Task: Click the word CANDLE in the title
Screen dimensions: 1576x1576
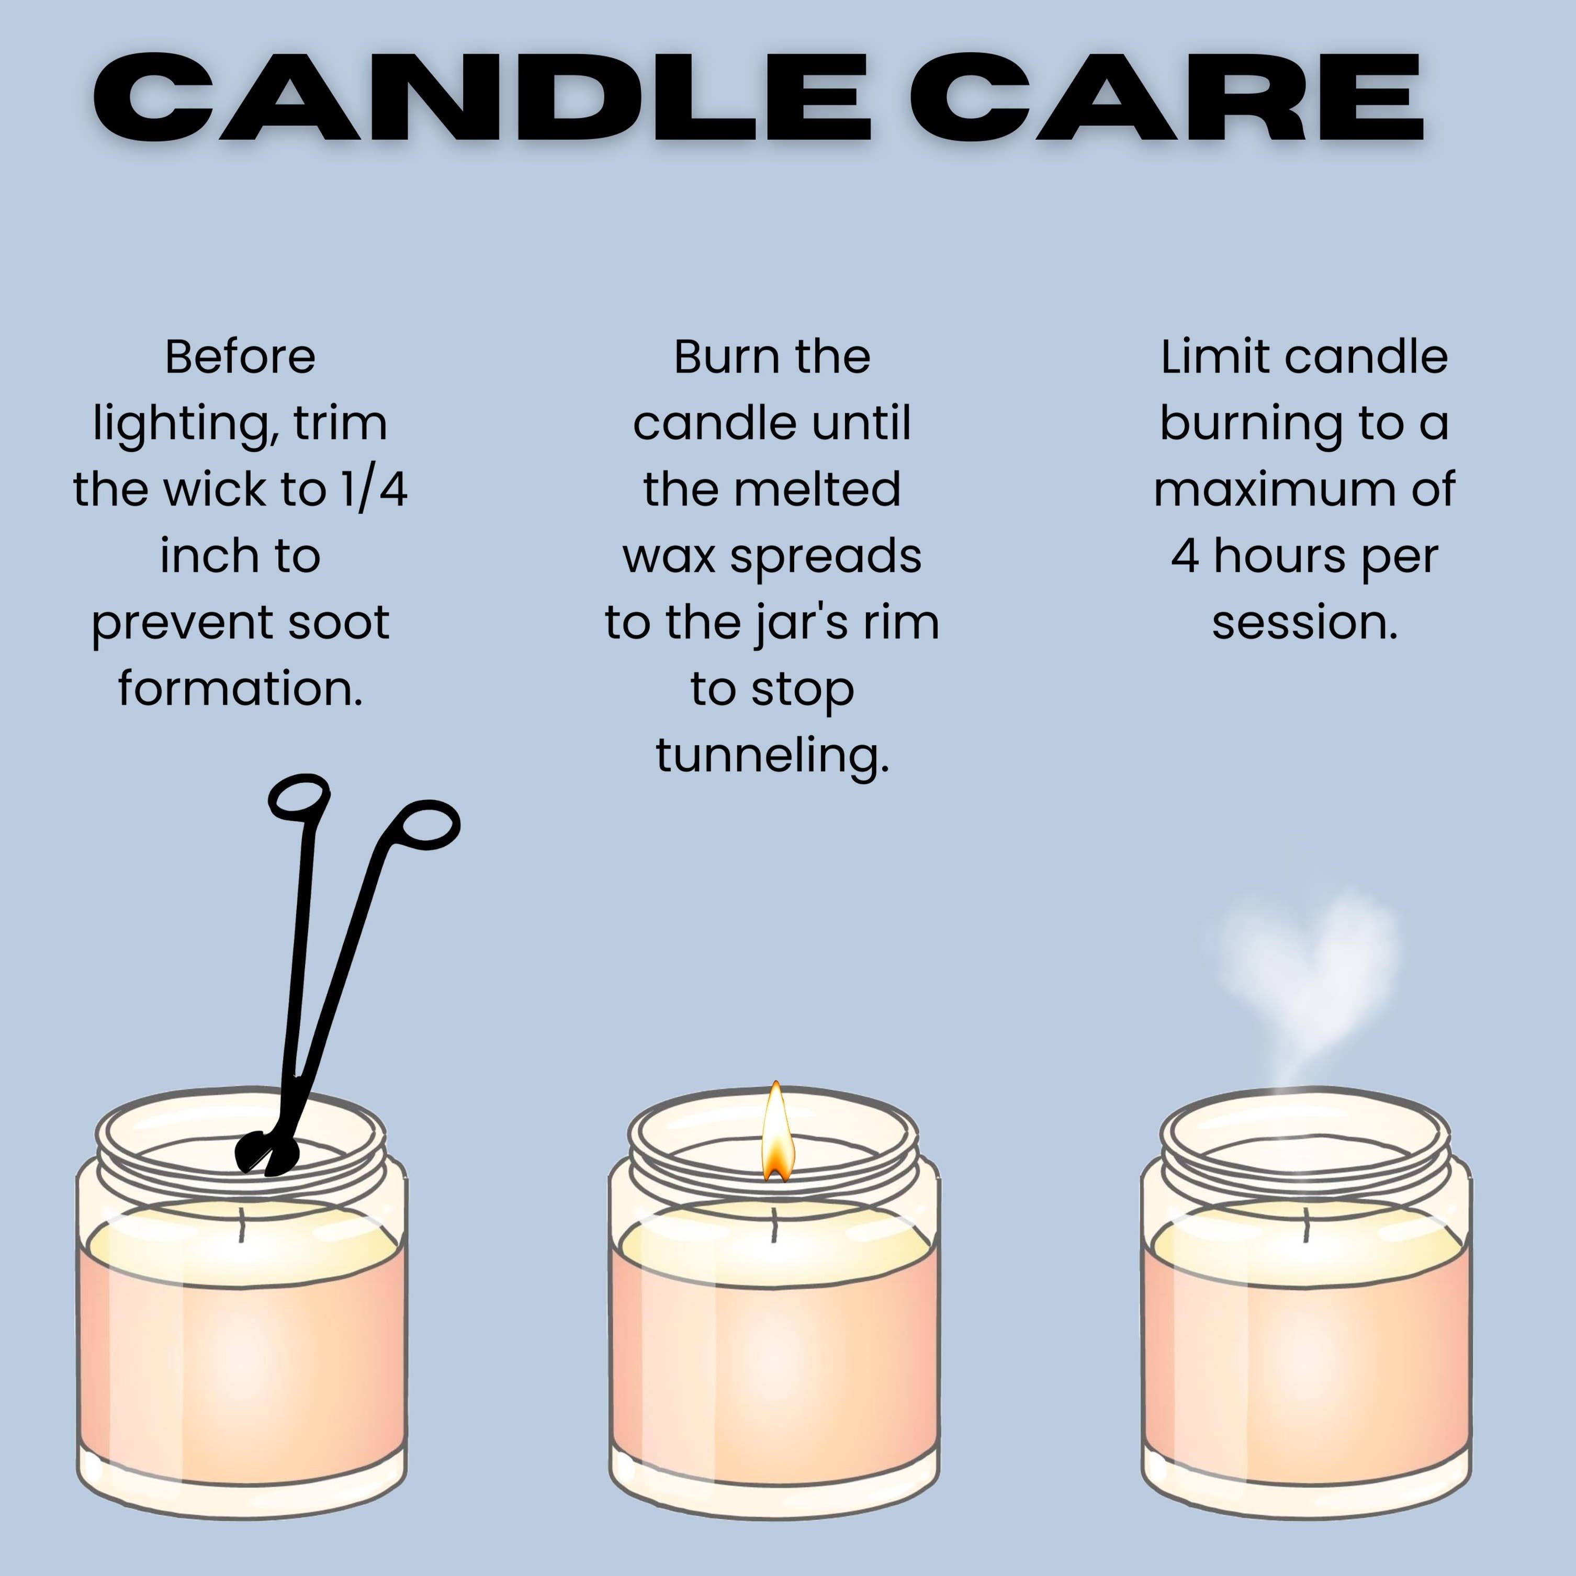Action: point(481,99)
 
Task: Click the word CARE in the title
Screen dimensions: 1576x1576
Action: point(1166,99)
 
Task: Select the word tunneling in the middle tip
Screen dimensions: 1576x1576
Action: point(772,756)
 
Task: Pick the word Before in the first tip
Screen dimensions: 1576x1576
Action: point(240,357)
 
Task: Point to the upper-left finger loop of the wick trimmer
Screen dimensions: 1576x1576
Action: point(299,795)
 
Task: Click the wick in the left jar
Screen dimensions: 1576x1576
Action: point(241,1224)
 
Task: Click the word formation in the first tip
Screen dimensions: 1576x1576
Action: point(240,689)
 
